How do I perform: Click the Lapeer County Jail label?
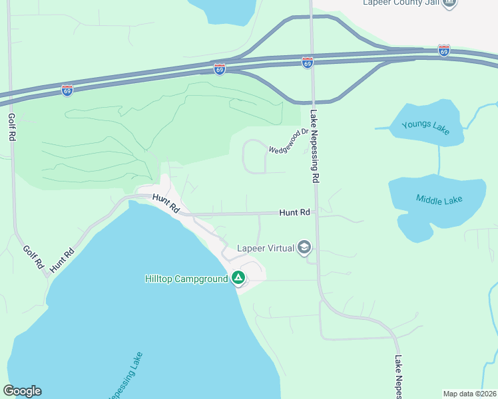tap(401, 3)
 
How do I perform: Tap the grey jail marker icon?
tap(451, 3)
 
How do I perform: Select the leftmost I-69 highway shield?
tap(67, 90)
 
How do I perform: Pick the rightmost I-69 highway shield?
tap(444, 51)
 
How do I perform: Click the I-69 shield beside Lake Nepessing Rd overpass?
tap(307, 63)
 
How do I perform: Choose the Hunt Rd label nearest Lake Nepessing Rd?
tap(295, 212)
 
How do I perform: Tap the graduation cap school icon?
tap(305, 248)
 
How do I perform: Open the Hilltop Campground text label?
tap(186, 279)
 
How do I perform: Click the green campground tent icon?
tap(238, 279)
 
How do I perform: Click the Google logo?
tap(22, 391)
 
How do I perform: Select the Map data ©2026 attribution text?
tap(470, 393)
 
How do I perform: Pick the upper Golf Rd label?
tap(11, 126)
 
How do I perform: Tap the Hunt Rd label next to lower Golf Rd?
tap(61, 259)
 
